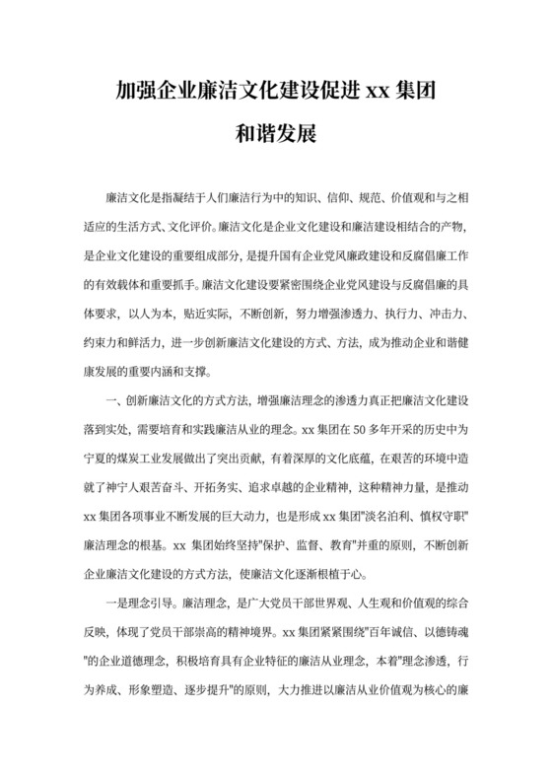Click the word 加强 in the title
tap(130, 95)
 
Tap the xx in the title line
tap(378, 95)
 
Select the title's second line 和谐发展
tap(276, 133)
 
